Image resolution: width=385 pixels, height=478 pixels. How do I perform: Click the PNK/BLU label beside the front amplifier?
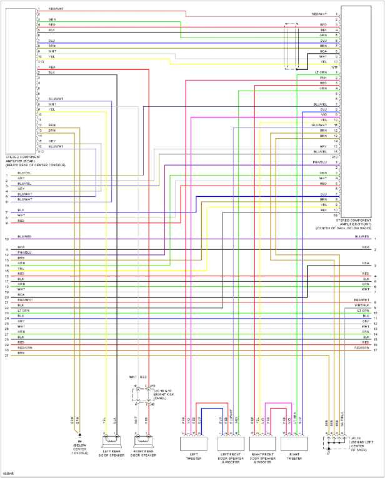[319, 162]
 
